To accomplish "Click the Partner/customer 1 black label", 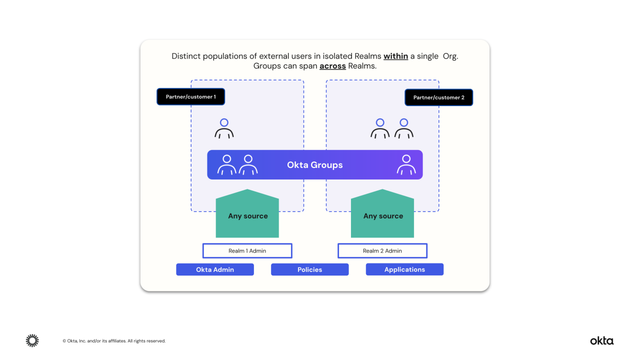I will tap(190, 96).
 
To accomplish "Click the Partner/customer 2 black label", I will tap(438, 97).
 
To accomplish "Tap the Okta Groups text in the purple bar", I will tap(314, 165).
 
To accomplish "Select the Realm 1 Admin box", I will tap(247, 250).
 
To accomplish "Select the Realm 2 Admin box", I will tap(382, 250).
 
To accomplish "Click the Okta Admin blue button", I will tap(214, 269).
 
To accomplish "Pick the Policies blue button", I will tap(309, 269).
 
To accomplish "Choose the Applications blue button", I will tap(404, 269).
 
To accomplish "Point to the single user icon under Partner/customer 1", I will tap(224, 128).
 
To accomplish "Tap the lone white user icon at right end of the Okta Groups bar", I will tap(406, 165).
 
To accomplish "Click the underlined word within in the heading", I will tap(395, 56).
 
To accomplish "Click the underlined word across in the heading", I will tap(332, 66).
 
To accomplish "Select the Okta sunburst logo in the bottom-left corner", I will tap(32, 340).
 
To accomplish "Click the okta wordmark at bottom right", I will tap(601, 341).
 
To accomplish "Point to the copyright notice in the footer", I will tap(114, 341).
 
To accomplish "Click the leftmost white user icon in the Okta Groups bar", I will tap(226, 165).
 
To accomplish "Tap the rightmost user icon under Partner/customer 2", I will tap(403, 128).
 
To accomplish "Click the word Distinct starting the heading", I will tap(186, 56).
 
